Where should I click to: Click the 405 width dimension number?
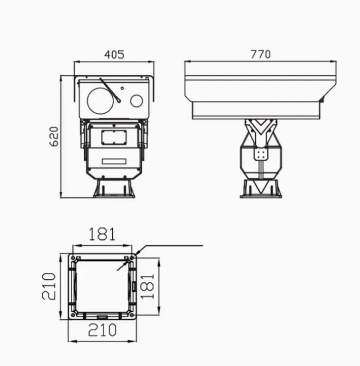pyautogui.click(x=114, y=54)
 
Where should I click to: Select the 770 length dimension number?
pyautogui.click(x=261, y=54)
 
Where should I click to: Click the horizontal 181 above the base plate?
pyautogui.click(x=102, y=234)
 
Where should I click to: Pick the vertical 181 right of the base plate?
pyautogui.click(x=149, y=286)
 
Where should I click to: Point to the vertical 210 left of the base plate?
pyautogui.click(x=49, y=286)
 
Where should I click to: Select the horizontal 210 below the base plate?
pyautogui.click(x=102, y=329)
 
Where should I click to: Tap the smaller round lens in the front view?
pyautogui.click(x=136, y=100)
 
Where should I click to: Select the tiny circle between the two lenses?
pyautogui.click(x=122, y=88)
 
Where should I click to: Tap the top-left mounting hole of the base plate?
pyautogui.click(x=73, y=257)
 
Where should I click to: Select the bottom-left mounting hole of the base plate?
pyautogui.click(x=73, y=314)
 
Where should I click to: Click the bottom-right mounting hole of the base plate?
pyautogui.click(x=130, y=314)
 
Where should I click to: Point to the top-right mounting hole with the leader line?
pyautogui.click(x=131, y=257)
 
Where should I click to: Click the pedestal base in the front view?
pyautogui.click(x=115, y=188)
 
